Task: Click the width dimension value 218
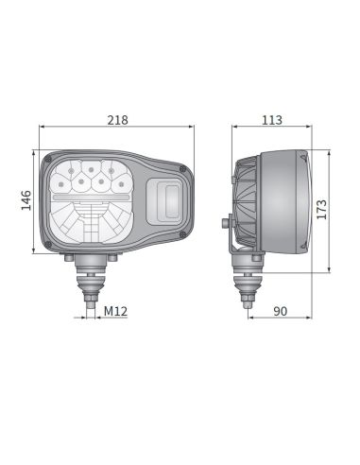119,120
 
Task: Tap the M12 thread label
116,310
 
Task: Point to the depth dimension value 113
272,120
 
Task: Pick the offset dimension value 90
279,310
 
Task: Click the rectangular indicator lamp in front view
169,201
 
